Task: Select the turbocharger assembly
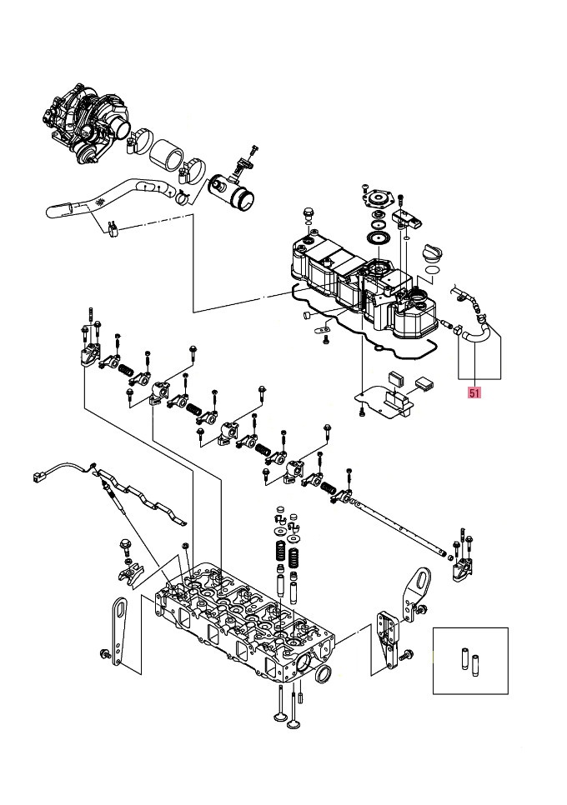tap(88, 117)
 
